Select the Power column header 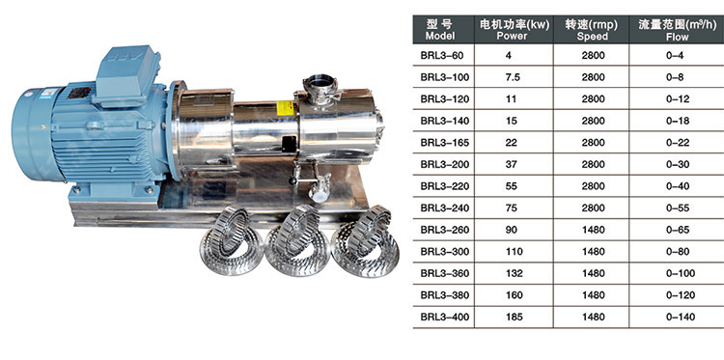514,30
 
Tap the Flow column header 677,30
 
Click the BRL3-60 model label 441,56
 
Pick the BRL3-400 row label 445,318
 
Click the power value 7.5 513,77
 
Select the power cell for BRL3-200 512,164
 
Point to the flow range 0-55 678,208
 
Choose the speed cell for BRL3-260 594,230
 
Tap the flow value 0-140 681,318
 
